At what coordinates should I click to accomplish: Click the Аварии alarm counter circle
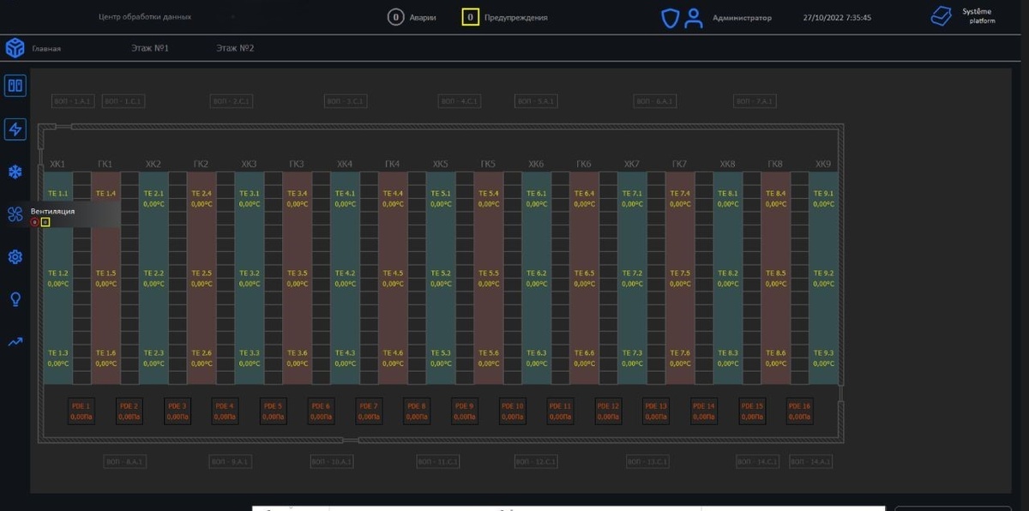[x=395, y=17]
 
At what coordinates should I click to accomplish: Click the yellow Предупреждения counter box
[x=470, y=17]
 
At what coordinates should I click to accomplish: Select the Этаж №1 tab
[x=150, y=48]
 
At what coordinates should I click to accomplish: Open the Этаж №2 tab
[x=235, y=48]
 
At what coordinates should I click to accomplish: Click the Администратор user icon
[x=694, y=18]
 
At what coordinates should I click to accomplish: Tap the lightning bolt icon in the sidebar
[x=15, y=129]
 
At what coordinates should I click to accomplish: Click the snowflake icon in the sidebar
[x=15, y=172]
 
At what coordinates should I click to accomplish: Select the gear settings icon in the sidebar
[x=15, y=256]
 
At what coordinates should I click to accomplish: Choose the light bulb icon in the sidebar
[x=15, y=299]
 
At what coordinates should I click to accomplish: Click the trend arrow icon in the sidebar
[x=15, y=342]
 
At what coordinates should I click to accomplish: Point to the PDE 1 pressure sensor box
[x=81, y=411]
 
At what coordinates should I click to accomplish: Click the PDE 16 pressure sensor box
[x=799, y=411]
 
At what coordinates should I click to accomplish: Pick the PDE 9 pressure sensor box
[x=465, y=411]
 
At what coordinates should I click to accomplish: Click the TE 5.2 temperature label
[x=441, y=274]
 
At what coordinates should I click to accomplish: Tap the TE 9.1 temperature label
[x=823, y=194]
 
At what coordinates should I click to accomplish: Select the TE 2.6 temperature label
[x=202, y=353]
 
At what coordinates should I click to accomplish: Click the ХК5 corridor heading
[x=441, y=164]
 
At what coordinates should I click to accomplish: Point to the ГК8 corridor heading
[x=775, y=164]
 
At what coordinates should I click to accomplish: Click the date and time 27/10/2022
[x=837, y=18]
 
